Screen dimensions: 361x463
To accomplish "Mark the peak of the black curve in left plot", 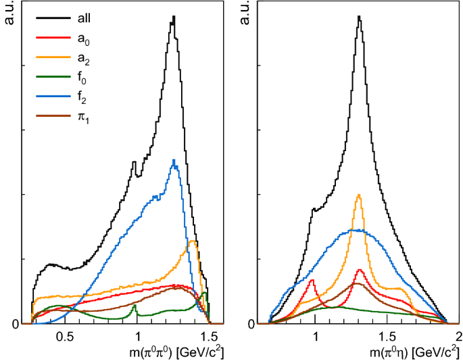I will (174, 17).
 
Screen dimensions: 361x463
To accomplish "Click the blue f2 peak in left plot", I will (174, 160).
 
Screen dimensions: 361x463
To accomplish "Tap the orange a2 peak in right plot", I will (359, 195).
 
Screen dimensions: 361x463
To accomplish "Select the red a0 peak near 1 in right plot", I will (313, 280).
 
